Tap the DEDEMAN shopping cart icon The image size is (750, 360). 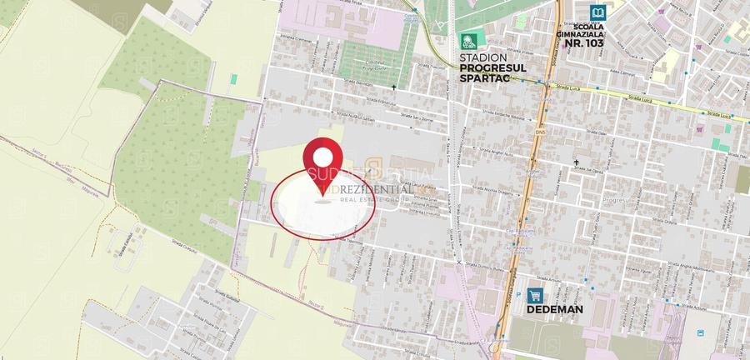point(534,295)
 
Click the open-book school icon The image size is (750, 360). point(597,12)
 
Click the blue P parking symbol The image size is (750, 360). point(701,129)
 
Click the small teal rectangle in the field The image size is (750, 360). point(234,79)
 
